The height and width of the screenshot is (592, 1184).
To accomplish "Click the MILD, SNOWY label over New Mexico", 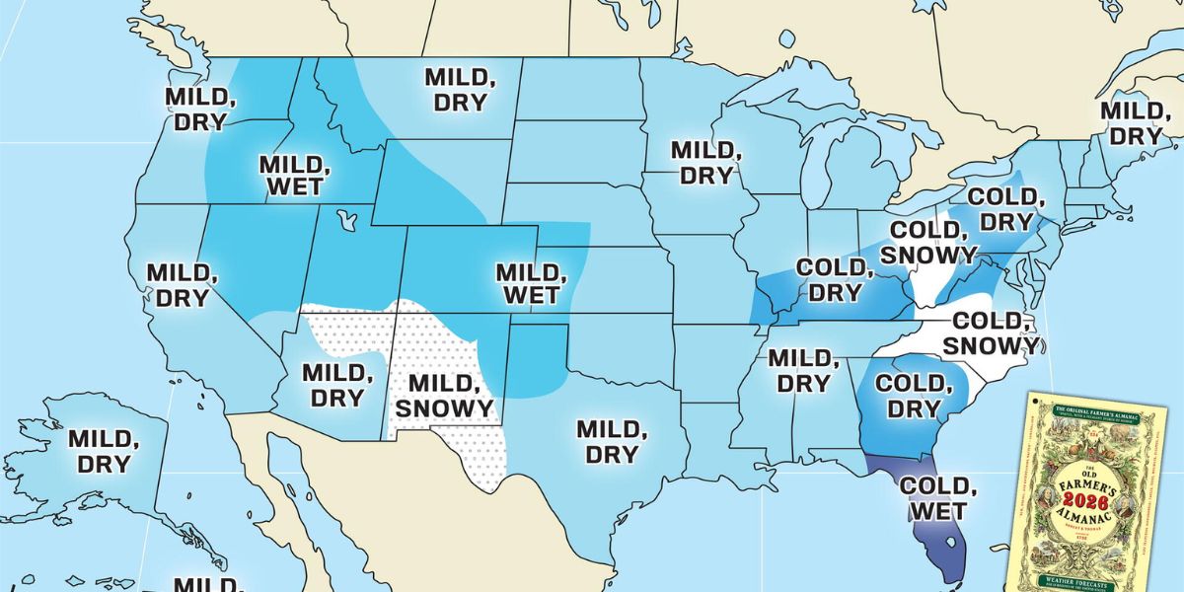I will click(x=450, y=395).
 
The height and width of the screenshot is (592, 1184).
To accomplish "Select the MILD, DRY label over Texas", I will click(x=612, y=441).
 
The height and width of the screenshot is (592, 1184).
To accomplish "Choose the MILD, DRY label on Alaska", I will click(x=99, y=449).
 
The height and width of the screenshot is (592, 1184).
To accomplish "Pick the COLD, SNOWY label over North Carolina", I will click(x=992, y=333).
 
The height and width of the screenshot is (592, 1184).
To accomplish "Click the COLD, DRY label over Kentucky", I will click(x=834, y=279).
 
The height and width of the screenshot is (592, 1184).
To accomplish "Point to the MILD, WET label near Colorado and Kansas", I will click(x=529, y=283).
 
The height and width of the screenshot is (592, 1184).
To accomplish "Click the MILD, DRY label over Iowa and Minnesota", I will click(x=703, y=163).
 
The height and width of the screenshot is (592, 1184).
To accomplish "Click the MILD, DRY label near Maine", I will click(x=1132, y=122).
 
